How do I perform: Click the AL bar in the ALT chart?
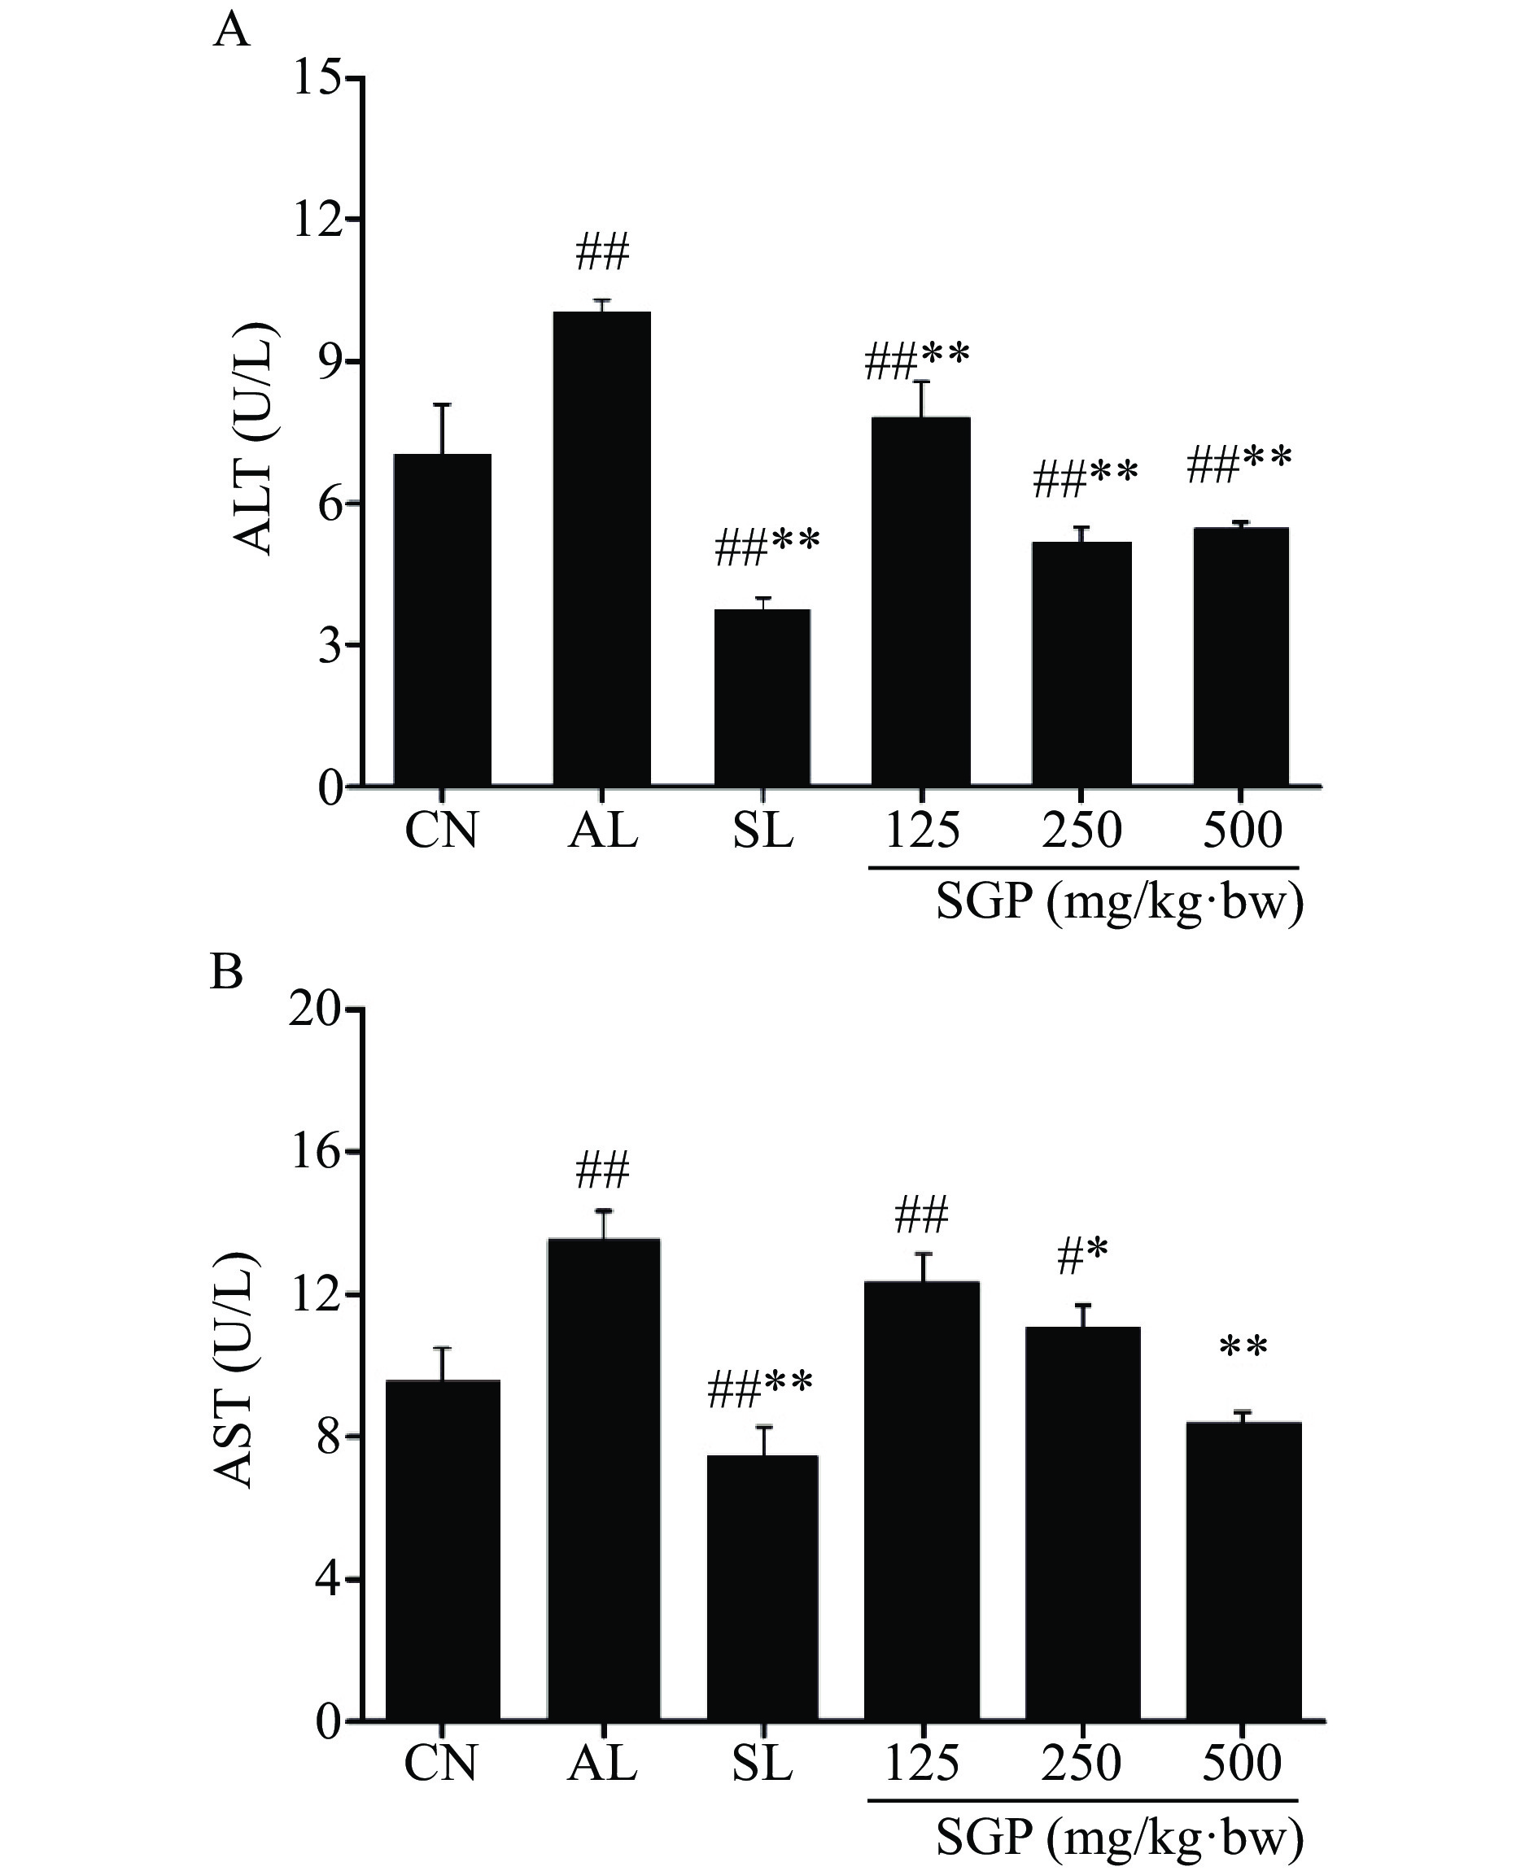point(601,548)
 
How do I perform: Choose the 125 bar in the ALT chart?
point(921,601)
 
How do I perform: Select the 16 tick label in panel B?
point(314,1152)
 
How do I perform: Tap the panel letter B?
point(227,973)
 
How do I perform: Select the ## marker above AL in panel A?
point(602,252)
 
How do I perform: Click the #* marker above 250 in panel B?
point(1081,1258)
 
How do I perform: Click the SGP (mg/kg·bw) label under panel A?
point(1119,903)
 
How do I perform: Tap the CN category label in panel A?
point(441,831)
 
